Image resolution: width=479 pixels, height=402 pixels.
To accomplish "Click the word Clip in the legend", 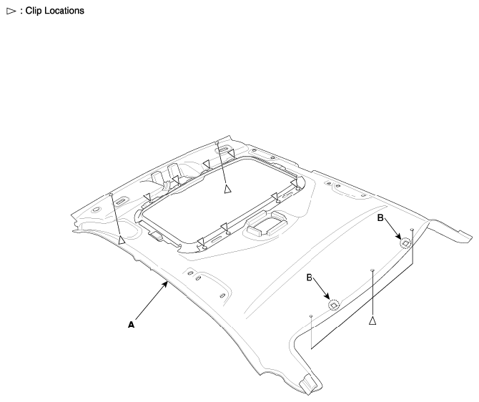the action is tap(34, 11).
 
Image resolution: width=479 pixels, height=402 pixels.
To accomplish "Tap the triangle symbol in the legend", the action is tap(11, 11).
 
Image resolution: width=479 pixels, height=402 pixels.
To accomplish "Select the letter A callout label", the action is tap(131, 325).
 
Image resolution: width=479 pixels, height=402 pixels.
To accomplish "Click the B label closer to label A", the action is tap(310, 278).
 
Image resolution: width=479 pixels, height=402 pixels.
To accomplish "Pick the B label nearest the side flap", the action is tap(380, 218).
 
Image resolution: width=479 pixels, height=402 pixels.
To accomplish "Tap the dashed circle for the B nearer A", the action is tap(334, 305).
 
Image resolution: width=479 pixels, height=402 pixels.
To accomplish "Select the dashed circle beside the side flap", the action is tap(405, 243).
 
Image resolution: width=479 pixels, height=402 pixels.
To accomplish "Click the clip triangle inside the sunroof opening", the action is tap(227, 190).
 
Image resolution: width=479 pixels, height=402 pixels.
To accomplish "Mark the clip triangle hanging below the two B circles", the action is tap(372, 320).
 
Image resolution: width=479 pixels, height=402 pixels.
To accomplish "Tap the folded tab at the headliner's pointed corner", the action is tap(307, 385).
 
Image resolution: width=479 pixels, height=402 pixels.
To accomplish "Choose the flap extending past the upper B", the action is tap(450, 230).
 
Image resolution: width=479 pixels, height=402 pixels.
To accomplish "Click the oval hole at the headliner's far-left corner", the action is tap(97, 210).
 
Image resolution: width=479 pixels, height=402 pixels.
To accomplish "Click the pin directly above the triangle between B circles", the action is tap(372, 270).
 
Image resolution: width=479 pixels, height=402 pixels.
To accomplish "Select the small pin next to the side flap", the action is tap(412, 229).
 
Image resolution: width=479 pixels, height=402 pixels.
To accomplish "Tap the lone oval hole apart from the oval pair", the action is tap(222, 295).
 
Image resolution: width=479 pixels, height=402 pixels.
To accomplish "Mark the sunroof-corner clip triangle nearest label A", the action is tap(201, 242).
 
